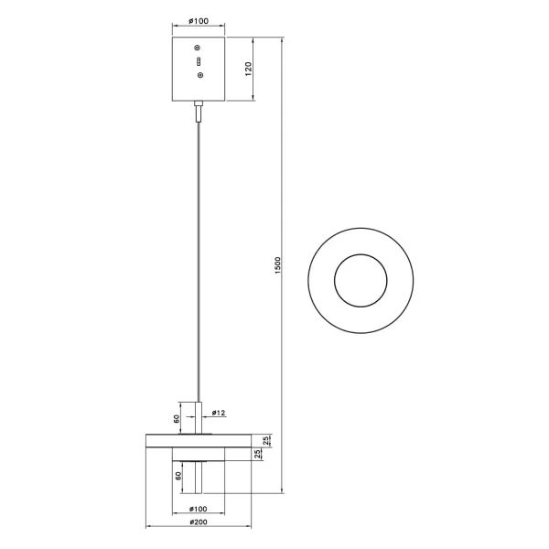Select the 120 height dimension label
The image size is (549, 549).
pos(248,70)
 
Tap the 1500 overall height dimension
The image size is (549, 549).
pos(278,264)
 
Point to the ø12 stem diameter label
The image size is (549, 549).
pos(218,413)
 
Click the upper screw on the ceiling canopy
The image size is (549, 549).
pos(198,47)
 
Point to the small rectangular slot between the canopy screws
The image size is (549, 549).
pos(198,60)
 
